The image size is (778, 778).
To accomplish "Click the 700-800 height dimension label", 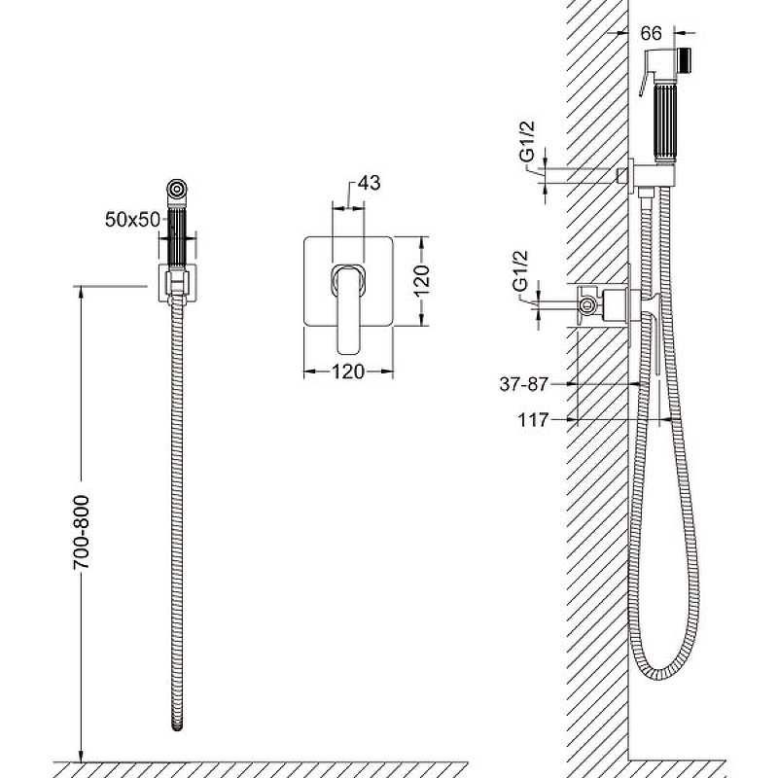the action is click(82, 531).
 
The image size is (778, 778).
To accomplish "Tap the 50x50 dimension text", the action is click(132, 220).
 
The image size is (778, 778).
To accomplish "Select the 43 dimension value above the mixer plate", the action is click(370, 183).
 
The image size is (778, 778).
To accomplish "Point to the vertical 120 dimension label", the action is click(421, 281).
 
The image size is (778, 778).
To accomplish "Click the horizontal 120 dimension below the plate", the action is click(348, 371).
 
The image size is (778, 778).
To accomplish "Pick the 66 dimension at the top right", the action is click(651, 33).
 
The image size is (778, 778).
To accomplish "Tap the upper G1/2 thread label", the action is click(527, 141).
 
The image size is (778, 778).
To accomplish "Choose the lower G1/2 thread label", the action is click(519, 271).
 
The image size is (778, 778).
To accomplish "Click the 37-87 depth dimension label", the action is click(524, 384).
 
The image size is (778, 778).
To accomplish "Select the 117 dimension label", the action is click(533, 420).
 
